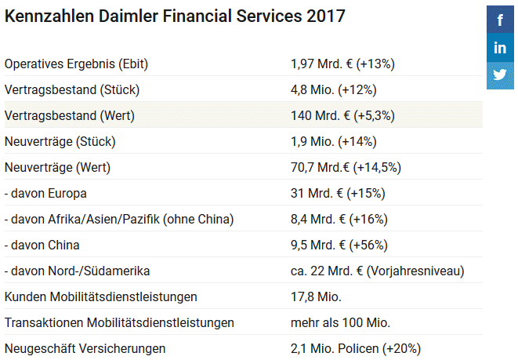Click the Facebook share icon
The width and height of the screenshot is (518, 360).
point(500,20)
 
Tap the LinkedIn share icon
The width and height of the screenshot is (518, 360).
point(500,48)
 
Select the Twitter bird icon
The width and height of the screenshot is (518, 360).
point(500,75)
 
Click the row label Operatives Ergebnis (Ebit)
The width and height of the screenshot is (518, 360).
point(76,64)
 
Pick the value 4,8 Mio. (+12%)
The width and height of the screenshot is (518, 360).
point(332,89)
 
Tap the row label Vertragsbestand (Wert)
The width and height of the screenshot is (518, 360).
point(70,115)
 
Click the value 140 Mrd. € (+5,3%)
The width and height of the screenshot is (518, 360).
point(342,115)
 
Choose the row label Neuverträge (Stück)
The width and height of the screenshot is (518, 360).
point(60,141)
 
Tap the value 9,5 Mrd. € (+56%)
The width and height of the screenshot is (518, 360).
point(339,245)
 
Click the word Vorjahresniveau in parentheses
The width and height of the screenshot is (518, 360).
point(417,271)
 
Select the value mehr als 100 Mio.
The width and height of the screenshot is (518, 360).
point(340,322)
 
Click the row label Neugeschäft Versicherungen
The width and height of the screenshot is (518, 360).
point(85,348)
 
